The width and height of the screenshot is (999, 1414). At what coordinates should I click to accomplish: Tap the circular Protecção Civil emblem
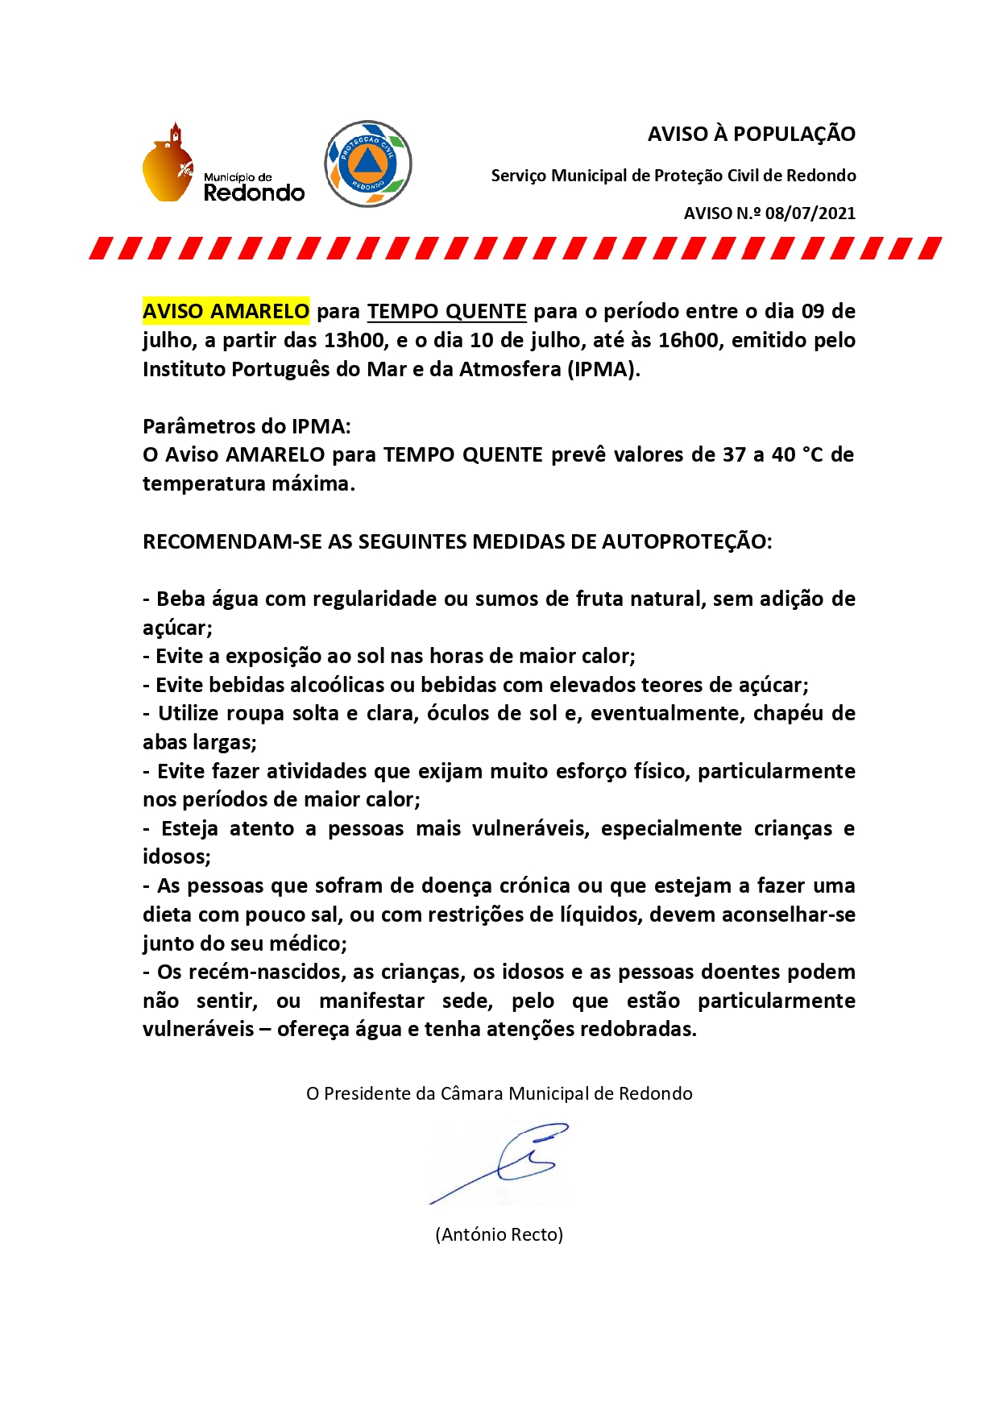[368, 164]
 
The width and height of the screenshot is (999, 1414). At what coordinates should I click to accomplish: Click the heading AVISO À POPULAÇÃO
[751, 134]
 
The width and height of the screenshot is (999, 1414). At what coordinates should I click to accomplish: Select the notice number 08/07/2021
[810, 214]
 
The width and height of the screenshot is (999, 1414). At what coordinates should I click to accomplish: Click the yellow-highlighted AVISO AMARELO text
[226, 311]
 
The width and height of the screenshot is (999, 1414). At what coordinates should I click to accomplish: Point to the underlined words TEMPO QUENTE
[446, 311]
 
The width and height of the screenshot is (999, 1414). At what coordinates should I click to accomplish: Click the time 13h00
[354, 340]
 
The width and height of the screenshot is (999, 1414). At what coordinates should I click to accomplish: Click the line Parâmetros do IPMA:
[247, 426]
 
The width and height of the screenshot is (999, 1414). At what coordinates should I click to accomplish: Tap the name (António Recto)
[499, 1234]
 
